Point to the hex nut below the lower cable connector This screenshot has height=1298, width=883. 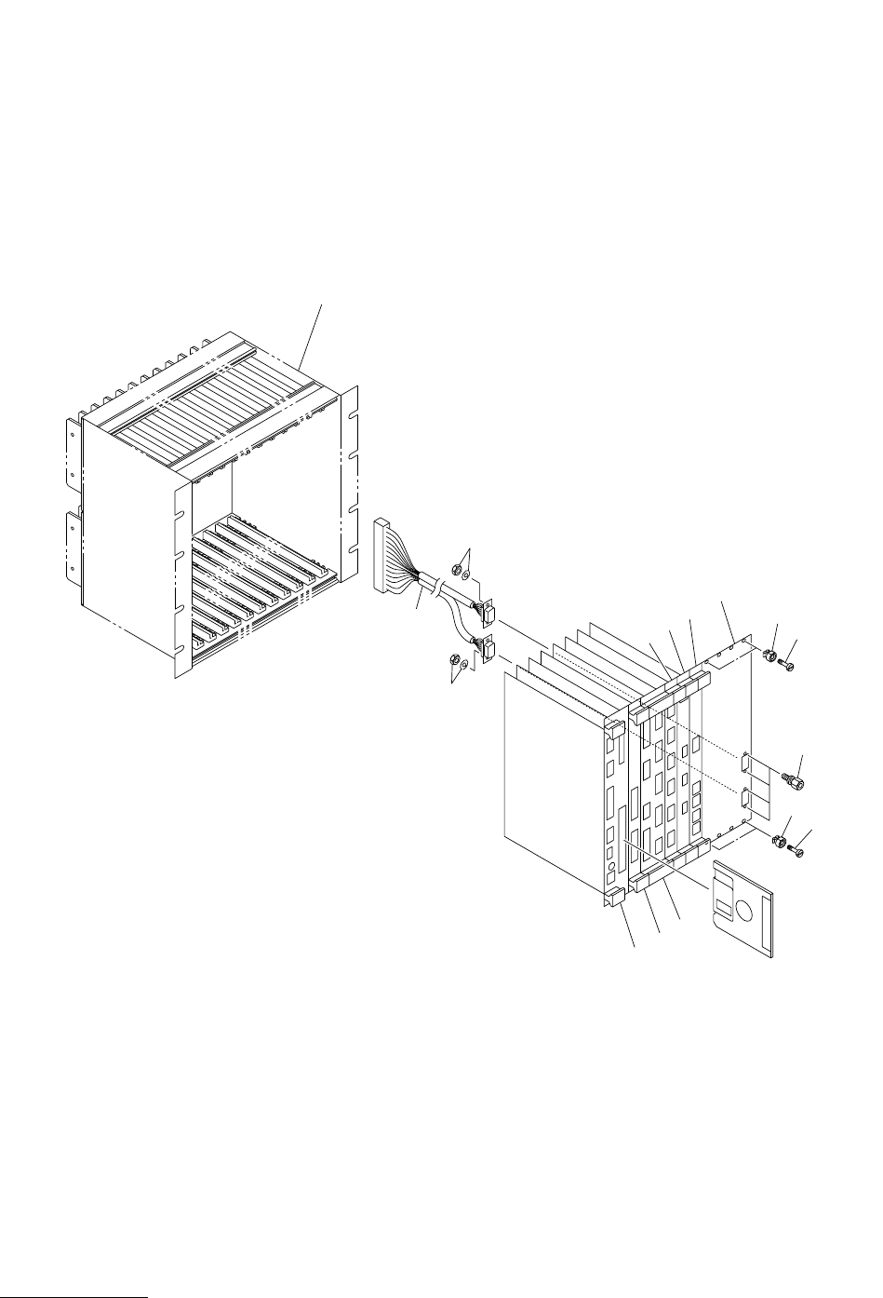coord(455,662)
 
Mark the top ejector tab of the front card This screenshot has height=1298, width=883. coord(614,727)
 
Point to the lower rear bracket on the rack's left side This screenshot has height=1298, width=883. coord(74,549)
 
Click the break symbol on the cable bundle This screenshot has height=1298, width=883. coord(435,587)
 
